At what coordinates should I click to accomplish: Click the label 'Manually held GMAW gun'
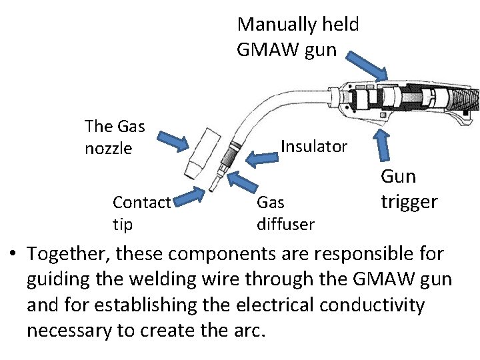coord(297,37)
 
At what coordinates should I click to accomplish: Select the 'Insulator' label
coord(314,147)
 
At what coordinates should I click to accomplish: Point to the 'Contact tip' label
coord(141,213)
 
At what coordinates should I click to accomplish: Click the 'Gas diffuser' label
coord(285,213)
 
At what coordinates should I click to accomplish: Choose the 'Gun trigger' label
coord(409,189)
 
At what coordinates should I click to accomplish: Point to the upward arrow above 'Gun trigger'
coord(383,150)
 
